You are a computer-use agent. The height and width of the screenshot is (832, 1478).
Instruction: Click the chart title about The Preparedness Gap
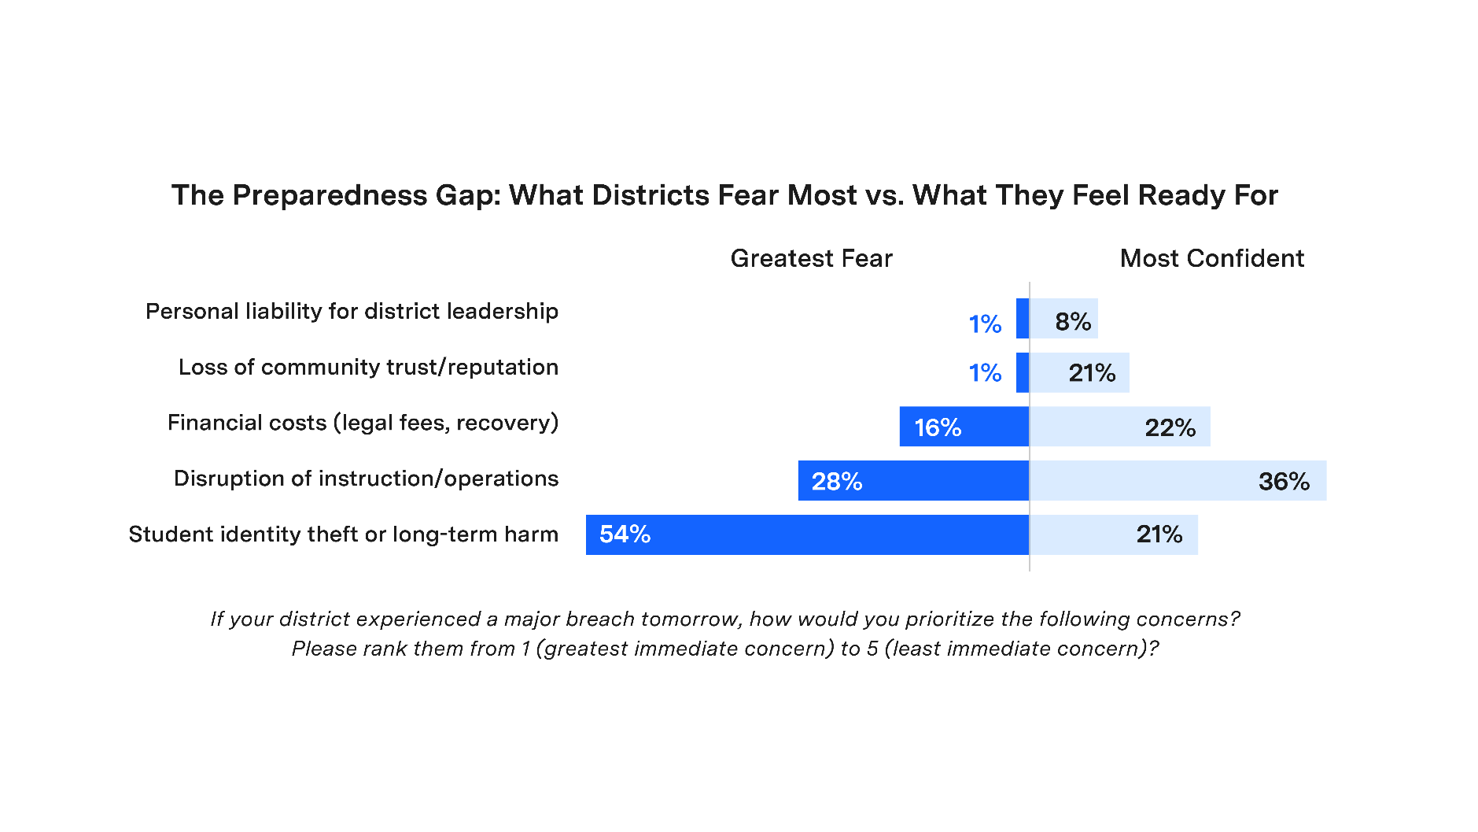pyautogui.click(x=724, y=195)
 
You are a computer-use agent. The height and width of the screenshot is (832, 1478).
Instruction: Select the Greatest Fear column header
pyautogui.click(x=811, y=258)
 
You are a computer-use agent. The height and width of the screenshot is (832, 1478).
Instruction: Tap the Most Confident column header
pyautogui.click(x=1211, y=258)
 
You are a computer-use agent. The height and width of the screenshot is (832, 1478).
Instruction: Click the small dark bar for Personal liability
pyautogui.click(x=1023, y=319)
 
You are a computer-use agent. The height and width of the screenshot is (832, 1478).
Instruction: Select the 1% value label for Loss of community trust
pyautogui.click(x=985, y=372)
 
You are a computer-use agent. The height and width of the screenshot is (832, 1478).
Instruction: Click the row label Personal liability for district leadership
pyautogui.click(x=352, y=311)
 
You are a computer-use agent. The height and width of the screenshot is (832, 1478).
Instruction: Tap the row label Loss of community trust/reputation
pyautogui.click(x=368, y=367)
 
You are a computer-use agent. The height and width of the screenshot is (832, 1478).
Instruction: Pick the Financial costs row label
pyautogui.click(x=363, y=423)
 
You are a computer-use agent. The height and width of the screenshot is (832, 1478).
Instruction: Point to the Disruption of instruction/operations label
pyautogui.click(x=366, y=479)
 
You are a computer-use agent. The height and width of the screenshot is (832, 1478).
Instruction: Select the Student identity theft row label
pyautogui.click(x=343, y=534)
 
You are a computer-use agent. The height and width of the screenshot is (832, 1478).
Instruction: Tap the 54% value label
pyautogui.click(x=625, y=534)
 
